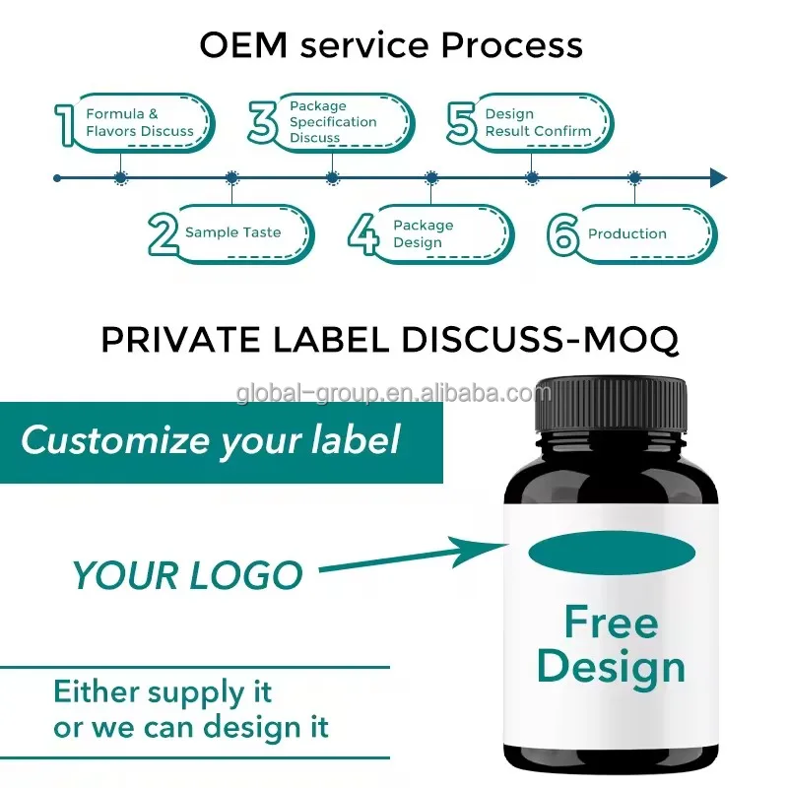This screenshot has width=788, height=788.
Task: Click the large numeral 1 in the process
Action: coord(66,125)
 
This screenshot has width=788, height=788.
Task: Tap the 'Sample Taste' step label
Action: coord(232,233)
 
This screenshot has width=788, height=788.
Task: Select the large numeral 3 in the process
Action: coord(263,122)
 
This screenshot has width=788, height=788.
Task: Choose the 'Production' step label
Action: coord(627,234)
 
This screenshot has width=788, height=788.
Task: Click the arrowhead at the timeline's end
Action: coord(718,178)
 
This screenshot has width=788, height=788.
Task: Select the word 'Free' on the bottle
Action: coord(611,623)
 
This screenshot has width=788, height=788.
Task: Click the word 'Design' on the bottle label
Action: coord(611,667)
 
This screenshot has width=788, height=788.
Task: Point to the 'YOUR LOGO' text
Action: coord(187,574)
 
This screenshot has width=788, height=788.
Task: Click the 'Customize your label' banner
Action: coord(211,439)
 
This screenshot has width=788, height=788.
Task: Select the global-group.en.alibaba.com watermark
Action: coord(394,395)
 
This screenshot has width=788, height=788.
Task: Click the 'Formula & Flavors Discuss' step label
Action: coord(140,123)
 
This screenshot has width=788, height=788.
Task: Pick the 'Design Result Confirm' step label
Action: coord(538,123)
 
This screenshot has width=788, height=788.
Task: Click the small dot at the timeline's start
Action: coord(57,178)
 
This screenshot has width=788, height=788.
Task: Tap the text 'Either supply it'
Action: coord(163,692)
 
